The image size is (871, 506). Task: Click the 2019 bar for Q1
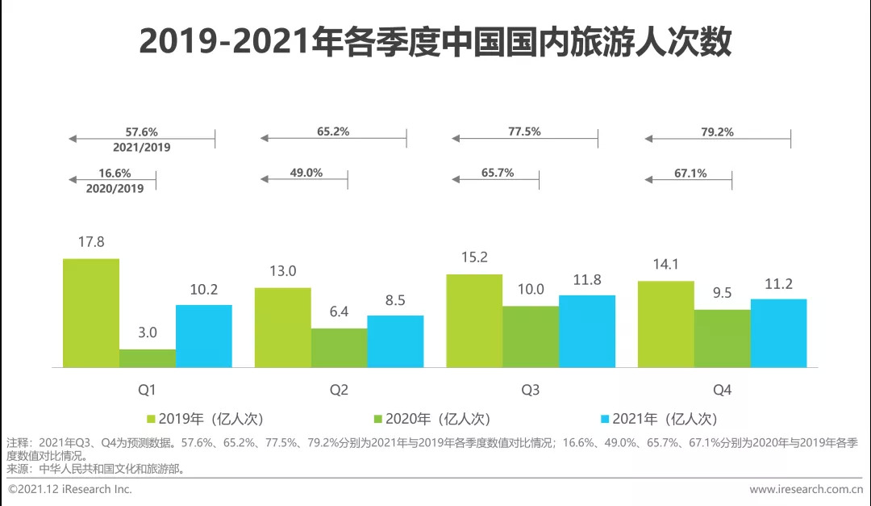tap(91, 313)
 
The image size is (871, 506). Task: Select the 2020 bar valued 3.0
tap(148, 358)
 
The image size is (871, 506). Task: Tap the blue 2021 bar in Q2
tap(395, 341)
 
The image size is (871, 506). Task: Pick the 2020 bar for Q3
tap(531, 337)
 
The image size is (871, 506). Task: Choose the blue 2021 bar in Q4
tap(778, 333)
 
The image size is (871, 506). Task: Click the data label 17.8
tap(91, 241)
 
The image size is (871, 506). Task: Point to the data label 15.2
tap(474, 257)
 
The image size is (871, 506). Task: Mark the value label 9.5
tap(722, 293)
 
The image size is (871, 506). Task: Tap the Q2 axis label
tap(339, 391)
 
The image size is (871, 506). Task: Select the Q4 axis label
tap(723, 391)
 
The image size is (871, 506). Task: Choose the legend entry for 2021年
tap(658, 419)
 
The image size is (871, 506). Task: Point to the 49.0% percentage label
tap(306, 173)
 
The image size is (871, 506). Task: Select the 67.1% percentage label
tap(690, 173)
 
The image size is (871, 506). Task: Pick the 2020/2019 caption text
tap(115, 188)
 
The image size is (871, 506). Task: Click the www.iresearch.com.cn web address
tap(806, 489)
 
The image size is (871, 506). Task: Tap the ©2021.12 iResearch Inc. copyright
tap(70, 489)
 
